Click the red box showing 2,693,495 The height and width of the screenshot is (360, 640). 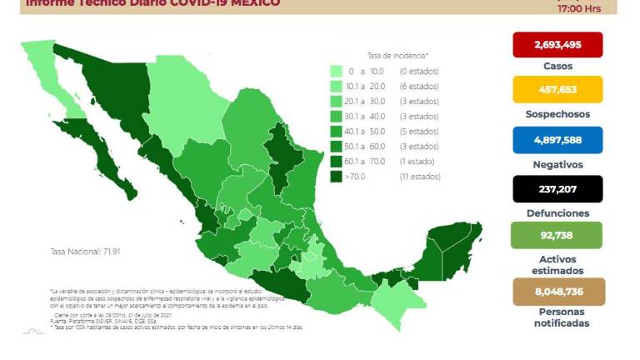[x=557, y=44]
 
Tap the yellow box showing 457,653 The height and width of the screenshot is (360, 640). [x=557, y=89]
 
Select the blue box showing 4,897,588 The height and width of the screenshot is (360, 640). [x=557, y=139]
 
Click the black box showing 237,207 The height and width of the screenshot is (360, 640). [x=557, y=188]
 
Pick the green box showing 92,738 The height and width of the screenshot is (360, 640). [x=557, y=236]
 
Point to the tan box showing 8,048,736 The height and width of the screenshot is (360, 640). [x=557, y=292]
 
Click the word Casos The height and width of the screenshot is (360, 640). [x=557, y=66]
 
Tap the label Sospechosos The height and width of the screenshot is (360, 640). [x=557, y=114]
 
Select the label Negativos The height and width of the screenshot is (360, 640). [x=557, y=164]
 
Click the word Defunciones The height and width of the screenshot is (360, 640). [x=557, y=212]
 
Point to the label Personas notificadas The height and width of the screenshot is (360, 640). [x=557, y=317]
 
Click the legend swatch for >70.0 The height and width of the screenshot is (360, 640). [x=337, y=177]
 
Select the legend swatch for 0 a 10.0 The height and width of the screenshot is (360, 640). [x=337, y=72]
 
